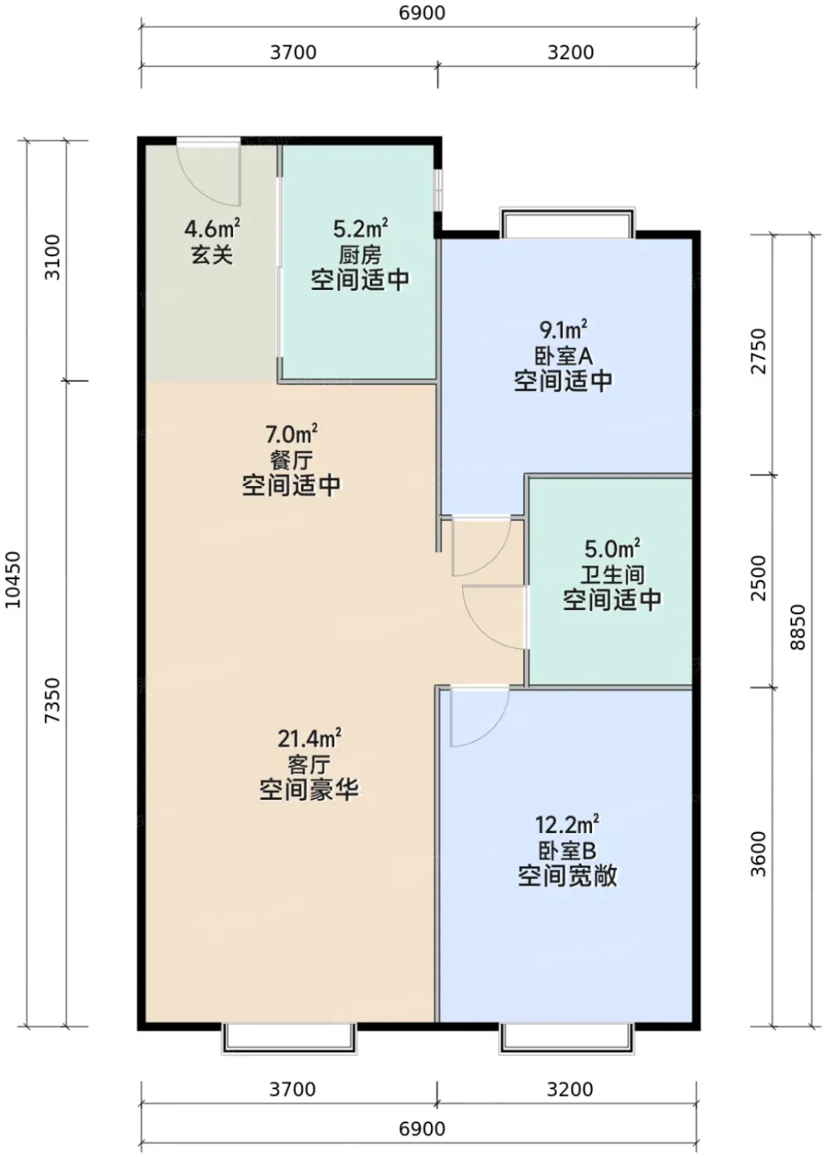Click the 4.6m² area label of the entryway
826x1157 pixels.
point(212,228)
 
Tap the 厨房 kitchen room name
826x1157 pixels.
point(360,255)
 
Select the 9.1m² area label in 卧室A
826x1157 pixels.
point(563,329)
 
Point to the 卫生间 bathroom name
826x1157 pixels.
point(612,574)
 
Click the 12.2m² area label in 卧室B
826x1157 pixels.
point(567,826)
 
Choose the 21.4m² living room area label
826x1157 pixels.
point(309,739)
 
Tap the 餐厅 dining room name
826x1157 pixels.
point(292,460)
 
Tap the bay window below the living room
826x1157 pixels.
point(289,1036)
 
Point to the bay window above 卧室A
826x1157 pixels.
point(567,223)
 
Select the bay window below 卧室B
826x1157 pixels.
point(567,1036)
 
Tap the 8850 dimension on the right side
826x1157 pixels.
point(798,627)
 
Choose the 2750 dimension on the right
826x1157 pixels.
point(759,351)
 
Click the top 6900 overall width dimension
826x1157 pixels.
point(422,13)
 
